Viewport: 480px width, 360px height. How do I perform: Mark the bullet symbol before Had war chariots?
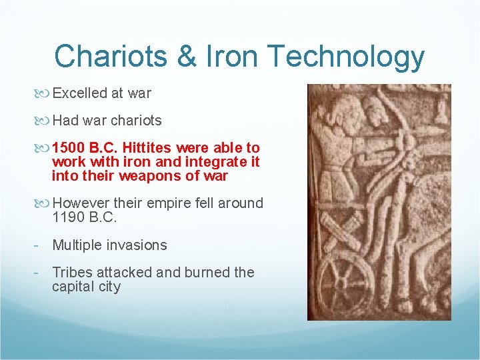tap(45, 120)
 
